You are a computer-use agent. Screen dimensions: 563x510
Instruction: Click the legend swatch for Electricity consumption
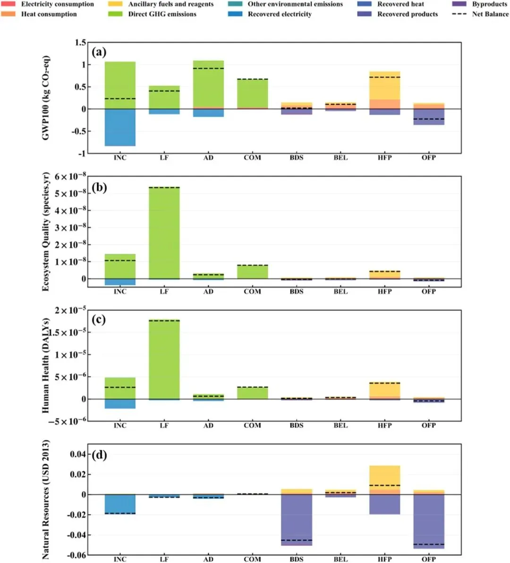click(x=8, y=4)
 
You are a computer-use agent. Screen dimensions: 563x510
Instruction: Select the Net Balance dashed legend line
click(x=459, y=14)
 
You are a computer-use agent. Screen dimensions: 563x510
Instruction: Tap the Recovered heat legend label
click(x=400, y=4)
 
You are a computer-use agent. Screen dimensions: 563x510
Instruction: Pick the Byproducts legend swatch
click(x=459, y=4)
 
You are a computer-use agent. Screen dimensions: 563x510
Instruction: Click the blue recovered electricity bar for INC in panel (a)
click(x=120, y=128)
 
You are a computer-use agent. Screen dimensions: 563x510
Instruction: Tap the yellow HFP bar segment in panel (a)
click(x=384, y=85)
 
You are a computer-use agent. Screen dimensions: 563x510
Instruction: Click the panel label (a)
click(x=99, y=52)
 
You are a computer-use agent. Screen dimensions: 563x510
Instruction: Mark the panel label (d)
click(x=99, y=455)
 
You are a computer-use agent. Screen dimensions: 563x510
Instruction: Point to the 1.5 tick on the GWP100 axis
click(x=80, y=43)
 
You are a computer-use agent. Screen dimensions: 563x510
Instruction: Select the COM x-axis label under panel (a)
click(x=252, y=158)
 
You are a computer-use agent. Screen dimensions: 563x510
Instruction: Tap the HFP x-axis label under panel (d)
click(x=384, y=559)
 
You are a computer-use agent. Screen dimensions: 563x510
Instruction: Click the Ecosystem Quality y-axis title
click(x=46, y=231)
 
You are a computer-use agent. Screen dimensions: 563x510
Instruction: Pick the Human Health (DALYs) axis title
click(x=46, y=365)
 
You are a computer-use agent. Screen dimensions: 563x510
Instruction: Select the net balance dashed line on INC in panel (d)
click(x=120, y=513)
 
